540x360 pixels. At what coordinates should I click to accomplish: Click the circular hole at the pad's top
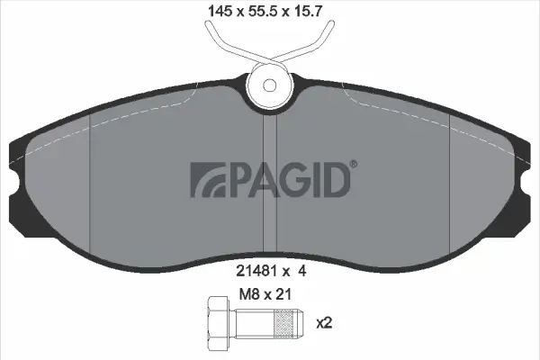pos(270,86)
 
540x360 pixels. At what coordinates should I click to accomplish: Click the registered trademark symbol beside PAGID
pos(352,165)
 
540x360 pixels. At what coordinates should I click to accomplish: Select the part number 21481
pos(252,268)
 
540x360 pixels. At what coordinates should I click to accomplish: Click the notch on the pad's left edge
pos(12,184)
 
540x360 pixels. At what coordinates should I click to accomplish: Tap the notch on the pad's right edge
pos(528,184)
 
